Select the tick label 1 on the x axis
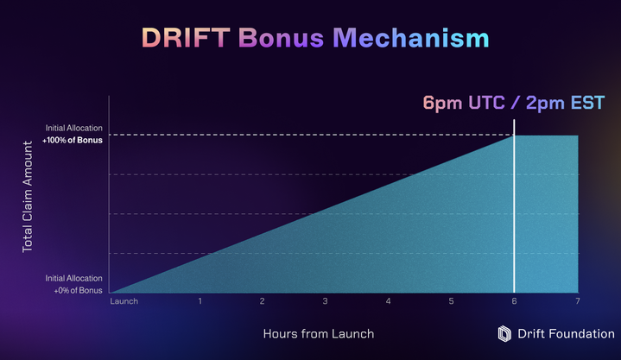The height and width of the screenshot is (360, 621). click(200, 301)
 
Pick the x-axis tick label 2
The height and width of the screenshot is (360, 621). click(263, 301)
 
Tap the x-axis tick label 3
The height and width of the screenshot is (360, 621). click(326, 301)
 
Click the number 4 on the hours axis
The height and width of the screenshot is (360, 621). click(389, 301)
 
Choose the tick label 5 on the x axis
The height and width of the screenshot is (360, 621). click(452, 301)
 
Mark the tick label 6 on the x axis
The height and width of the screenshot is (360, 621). click(515, 301)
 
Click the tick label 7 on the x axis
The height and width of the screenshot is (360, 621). click(577, 301)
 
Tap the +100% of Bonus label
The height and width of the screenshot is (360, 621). click(73, 140)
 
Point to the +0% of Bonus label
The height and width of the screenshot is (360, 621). click(75, 289)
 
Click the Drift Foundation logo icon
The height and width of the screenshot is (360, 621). click(506, 333)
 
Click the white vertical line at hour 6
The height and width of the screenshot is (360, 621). click(515, 216)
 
